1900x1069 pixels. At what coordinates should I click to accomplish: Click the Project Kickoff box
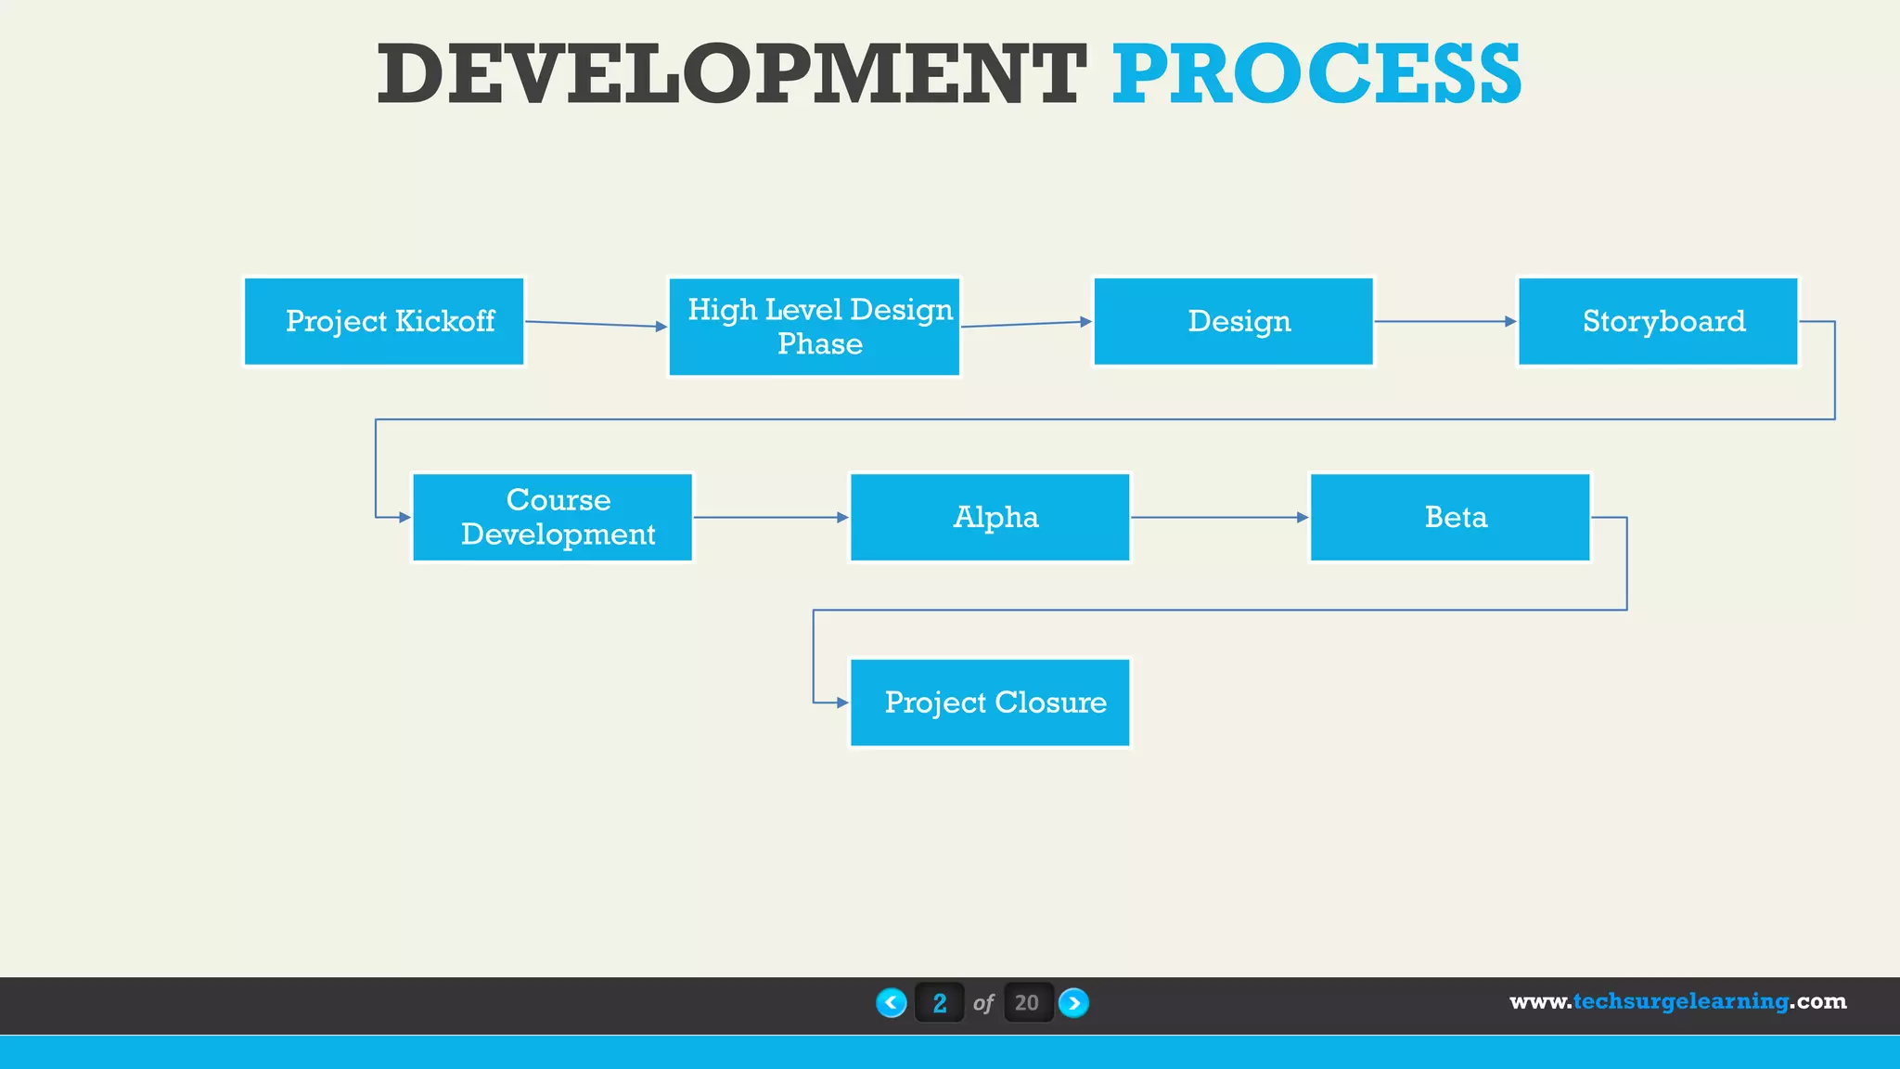point(384,321)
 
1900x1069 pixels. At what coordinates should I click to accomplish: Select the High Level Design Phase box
point(815,327)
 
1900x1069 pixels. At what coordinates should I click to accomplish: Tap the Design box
point(1233,321)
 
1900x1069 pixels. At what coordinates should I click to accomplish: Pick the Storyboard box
point(1658,321)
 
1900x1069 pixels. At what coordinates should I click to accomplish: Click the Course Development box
point(553,517)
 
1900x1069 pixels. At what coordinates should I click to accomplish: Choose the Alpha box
point(990,517)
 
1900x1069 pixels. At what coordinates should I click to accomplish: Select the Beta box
point(1450,517)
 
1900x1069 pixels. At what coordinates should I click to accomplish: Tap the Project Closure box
point(990,702)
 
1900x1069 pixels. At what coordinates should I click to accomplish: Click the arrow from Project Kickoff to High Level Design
point(596,324)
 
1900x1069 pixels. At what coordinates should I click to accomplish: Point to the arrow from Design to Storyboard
point(1444,321)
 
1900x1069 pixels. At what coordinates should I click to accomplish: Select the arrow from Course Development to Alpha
point(770,517)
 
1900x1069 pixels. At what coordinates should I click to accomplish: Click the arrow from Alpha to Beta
point(1219,517)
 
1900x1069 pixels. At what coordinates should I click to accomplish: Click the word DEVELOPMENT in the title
point(730,74)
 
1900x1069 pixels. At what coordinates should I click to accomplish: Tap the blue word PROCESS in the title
point(1316,74)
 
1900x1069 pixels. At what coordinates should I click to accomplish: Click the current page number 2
point(940,1003)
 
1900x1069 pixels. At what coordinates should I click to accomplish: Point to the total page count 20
point(1027,1003)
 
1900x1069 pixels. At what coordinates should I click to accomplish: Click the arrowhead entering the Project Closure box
point(842,702)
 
